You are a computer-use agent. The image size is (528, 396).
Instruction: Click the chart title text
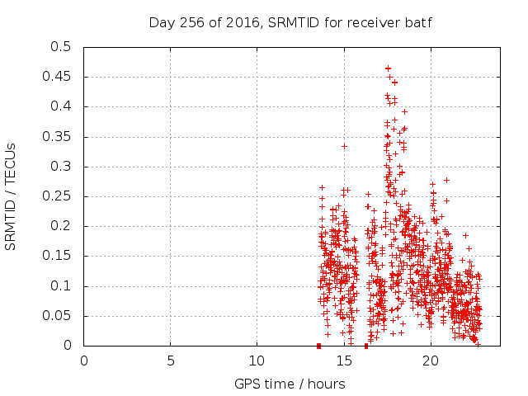click(x=290, y=22)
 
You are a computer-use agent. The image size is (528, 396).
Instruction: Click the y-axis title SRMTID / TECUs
click(x=12, y=196)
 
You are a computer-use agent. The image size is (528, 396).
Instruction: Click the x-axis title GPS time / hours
click(x=290, y=384)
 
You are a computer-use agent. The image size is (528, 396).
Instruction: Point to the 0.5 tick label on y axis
click(x=61, y=47)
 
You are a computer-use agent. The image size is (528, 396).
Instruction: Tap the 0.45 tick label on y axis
click(x=58, y=77)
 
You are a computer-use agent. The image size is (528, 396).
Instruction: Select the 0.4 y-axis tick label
click(x=61, y=106)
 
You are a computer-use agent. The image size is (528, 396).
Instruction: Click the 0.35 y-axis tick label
click(x=58, y=136)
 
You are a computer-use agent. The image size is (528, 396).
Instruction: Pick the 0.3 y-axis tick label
click(x=61, y=167)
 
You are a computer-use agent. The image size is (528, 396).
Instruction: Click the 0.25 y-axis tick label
click(x=58, y=196)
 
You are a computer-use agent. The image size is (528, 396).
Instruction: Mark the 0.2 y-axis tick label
click(x=61, y=226)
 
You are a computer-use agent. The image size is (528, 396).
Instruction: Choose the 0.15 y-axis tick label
click(x=58, y=256)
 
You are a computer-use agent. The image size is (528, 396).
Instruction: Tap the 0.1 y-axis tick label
click(x=61, y=286)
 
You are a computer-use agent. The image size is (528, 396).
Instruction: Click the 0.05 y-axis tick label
click(x=58, y=316)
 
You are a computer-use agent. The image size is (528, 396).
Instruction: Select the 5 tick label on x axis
click(x=171, y=361)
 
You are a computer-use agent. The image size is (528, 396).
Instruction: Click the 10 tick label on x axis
click(x=257, y=361)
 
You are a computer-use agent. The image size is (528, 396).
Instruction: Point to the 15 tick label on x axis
click(x=343, y=361)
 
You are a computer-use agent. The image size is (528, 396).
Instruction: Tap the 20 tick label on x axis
click(x=430, y=361)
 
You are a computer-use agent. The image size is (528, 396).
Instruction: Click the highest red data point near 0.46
click(x=388, y=68)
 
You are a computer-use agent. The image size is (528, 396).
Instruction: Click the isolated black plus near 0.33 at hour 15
click(x=344, y=146)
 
